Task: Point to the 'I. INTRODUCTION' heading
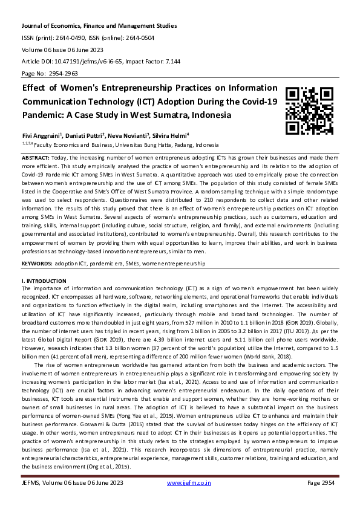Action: click(x=44, y=282)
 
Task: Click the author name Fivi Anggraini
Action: click(x=39, y=137)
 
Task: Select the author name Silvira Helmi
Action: click(x=172, y=137)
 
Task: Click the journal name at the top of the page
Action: click(x=99, y=26)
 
